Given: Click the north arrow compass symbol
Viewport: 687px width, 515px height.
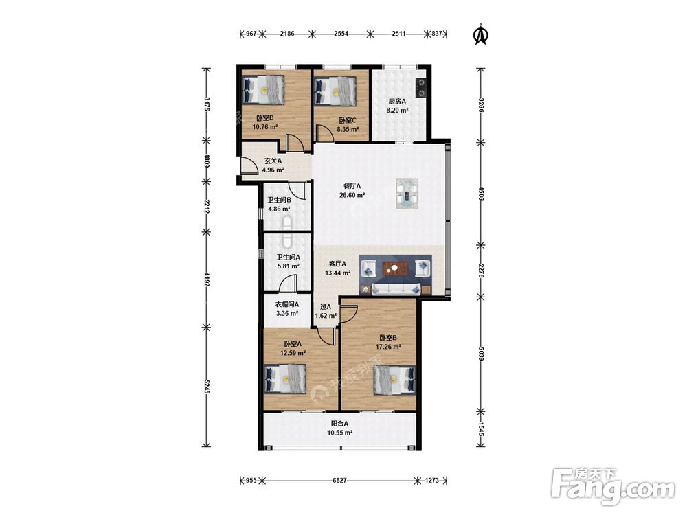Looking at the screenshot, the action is pos(481,34).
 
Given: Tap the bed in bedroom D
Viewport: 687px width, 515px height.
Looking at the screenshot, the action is pos(263,89).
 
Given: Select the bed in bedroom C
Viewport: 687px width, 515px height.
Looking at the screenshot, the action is pos(335,91).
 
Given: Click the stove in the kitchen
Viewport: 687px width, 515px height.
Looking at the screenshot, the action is pos(422,88).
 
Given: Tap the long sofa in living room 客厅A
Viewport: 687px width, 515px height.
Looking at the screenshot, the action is pos(396,288).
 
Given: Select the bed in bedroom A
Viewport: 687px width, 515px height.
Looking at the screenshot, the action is pos(285,379).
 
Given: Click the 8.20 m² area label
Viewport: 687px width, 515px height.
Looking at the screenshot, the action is pos(397,111).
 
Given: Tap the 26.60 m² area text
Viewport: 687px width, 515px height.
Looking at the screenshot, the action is pos(352,195).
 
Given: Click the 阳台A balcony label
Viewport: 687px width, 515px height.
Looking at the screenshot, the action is pos(339,424).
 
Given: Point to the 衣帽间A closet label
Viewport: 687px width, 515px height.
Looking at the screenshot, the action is pos(287,304).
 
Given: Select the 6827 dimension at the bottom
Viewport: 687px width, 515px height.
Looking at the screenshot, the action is pos(339,481).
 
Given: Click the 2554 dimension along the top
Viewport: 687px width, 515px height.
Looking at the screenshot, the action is pos(341,33).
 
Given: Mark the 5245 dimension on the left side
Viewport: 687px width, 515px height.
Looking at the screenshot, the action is pos(207,386).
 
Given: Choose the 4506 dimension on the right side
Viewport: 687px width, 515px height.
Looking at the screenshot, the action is pos(481,193).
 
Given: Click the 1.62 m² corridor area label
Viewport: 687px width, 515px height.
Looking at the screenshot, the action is pos(326,315).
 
